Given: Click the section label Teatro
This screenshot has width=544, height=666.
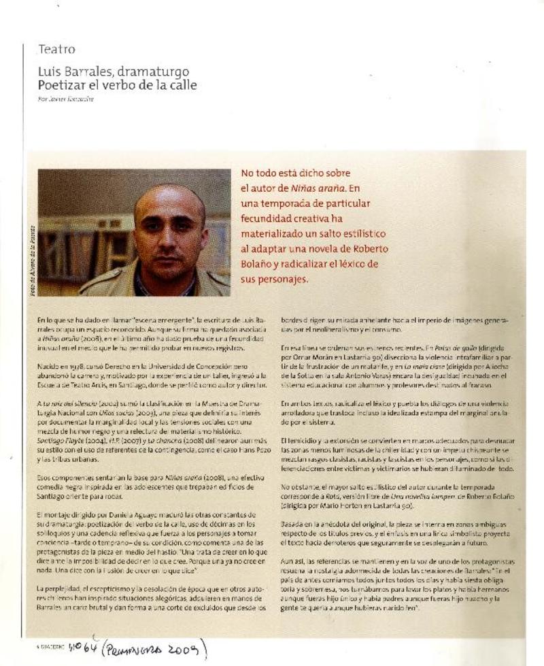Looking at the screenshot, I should pos(56,50).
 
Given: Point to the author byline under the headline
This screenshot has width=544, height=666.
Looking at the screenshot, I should pos(66,99).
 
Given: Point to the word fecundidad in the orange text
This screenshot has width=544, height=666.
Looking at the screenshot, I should pos(273,218).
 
